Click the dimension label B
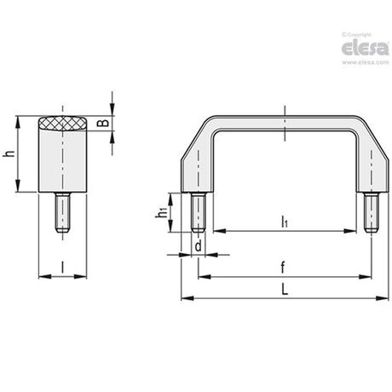[x=102, y=123]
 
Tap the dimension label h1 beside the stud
[x=161, y=213]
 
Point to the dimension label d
[x=199, y=245]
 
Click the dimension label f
[x=283, y=268]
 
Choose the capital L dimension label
[x=285, y=290]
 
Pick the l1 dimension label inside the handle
[x=285, y=222]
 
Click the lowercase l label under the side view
[x=62, y=267]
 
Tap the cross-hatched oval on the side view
[x=63, y=124]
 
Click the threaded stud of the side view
[x=63, y=212]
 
